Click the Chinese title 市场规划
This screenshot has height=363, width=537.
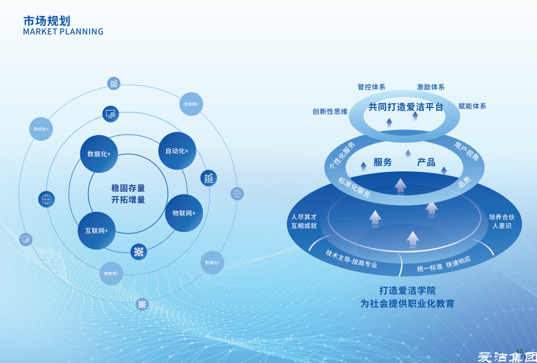46,21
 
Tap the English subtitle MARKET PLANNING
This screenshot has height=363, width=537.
63,32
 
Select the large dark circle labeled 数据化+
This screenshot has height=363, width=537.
99,154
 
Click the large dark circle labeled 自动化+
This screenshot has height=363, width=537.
177,151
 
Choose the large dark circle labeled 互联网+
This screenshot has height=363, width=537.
96,231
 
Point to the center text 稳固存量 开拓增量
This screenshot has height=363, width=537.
128,194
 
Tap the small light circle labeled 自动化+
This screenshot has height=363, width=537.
40,129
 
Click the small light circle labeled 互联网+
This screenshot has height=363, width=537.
191,104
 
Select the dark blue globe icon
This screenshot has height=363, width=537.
46,199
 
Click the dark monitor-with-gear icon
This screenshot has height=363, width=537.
111,114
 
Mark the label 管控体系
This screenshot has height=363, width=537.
371,87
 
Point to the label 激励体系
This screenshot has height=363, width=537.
430,87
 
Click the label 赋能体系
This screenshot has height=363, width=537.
472,106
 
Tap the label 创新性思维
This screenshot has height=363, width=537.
330,112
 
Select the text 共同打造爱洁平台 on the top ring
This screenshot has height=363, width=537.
406,107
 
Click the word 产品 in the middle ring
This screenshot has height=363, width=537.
426,162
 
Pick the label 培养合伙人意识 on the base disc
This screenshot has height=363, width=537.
502,221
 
